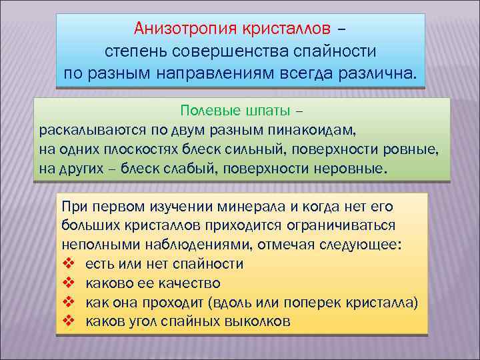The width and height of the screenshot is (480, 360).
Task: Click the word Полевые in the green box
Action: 204,110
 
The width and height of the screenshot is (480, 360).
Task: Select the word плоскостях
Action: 151,149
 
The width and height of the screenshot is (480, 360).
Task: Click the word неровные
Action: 349,168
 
